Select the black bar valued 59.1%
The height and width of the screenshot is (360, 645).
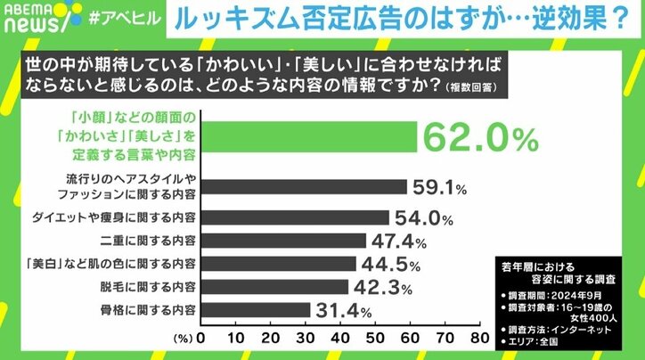pos(304,187)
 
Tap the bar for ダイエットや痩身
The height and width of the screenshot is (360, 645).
pos(295,217)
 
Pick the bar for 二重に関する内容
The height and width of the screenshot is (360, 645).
pos(283,240)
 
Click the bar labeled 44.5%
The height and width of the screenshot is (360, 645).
pos(278,263)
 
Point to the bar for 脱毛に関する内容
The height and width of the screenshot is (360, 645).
pos(274,286)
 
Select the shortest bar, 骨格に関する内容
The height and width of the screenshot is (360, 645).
pos(256,309)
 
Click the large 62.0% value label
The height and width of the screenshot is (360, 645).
pos(482,138)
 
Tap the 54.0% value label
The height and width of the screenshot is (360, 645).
pos(422,217)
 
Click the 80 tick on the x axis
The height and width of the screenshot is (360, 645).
pos(478,339)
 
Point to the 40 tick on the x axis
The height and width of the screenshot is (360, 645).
pos(339,339)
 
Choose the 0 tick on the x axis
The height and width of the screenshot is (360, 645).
pos(200,339)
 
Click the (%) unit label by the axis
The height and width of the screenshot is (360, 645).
pos(181,339)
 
